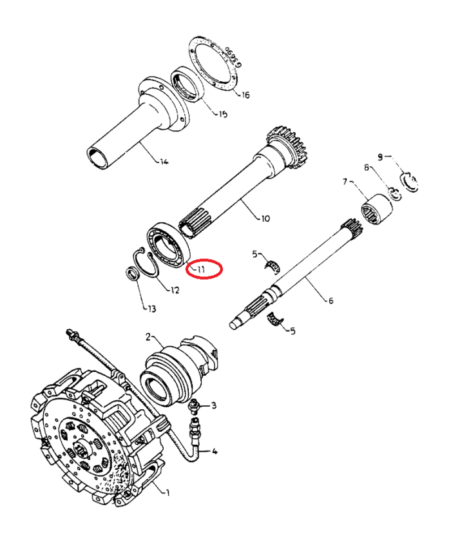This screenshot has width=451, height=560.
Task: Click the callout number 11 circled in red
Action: tap(202, 269)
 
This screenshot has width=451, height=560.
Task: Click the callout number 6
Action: tap(331, 301)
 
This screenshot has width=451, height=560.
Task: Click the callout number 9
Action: tap(380, 157)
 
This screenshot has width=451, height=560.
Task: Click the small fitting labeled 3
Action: tap(193, 407)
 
